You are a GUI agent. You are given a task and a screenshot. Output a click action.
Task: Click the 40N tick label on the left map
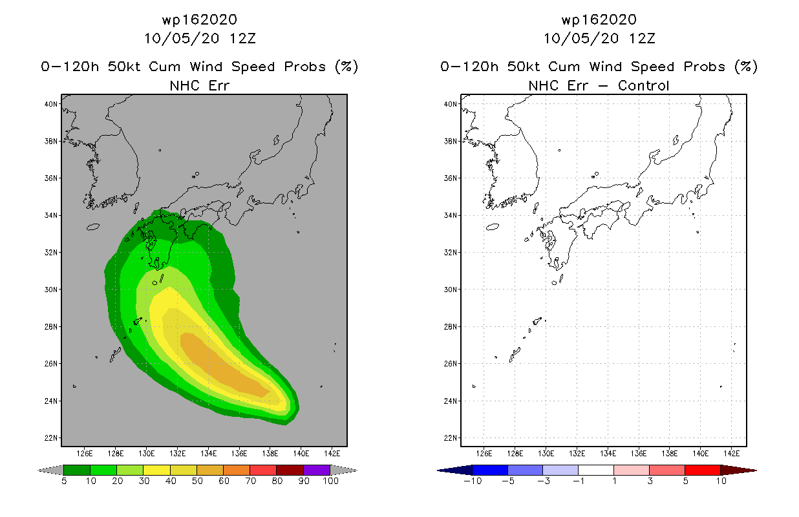pos(50,104)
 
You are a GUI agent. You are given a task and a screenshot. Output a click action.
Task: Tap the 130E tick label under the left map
pos(146,454)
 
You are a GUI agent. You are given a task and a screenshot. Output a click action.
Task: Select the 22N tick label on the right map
pos(450,438)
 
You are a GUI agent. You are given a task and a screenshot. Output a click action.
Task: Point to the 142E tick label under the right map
pos(731,454)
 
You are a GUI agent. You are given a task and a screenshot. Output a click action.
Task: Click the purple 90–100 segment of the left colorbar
pos(317,470)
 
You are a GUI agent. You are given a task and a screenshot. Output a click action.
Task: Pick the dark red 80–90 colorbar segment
pos(290,470)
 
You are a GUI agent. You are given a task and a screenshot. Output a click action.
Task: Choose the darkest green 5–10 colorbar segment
pos(77,470)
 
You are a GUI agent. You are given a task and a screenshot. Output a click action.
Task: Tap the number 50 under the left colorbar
pos(197,481)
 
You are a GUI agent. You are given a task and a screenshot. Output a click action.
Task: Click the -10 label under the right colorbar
pos(473,481)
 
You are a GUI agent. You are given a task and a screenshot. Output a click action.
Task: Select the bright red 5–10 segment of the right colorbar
pos(703,470)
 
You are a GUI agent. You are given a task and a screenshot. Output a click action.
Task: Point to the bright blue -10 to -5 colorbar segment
pos(490,470)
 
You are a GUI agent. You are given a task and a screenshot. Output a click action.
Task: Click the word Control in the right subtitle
pos(643,85)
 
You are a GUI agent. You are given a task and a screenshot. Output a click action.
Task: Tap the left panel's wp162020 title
pos(200,20)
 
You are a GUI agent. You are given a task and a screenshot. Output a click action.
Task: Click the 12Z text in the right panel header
pos(642,39)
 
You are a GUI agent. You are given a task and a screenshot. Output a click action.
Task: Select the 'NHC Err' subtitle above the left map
pos(200,85)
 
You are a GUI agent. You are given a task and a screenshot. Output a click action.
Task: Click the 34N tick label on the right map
pos(450,215)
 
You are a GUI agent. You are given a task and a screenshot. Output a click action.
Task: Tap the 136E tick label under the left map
pos(239,454)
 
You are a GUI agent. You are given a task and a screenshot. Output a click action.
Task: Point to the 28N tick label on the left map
pos(50,326)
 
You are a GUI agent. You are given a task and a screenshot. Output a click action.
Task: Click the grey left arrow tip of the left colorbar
pos(39,470)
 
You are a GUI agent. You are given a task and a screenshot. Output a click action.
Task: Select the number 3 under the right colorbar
pos(650,481)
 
